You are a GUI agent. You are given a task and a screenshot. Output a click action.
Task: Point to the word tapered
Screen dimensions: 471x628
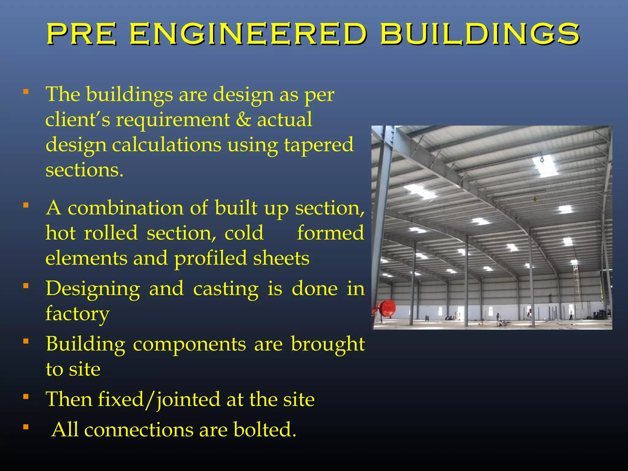click(x=319, y=145)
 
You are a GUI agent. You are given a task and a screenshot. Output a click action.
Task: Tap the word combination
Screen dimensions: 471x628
click(x=125, y=208)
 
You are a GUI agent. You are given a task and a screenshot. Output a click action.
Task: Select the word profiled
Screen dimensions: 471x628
click(x=211, y=258)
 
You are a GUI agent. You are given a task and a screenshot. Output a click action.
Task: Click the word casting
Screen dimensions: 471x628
click(x=226, y=289)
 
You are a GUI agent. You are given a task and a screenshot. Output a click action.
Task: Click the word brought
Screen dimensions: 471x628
click(x=327, y=344)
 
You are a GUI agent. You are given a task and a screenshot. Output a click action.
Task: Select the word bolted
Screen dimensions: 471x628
click(x=265, y=430)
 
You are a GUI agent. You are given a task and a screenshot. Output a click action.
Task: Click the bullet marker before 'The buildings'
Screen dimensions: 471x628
click(x=26, y=92)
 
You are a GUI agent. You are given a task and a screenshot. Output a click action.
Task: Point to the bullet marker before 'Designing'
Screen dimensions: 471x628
click(x=26, y=286)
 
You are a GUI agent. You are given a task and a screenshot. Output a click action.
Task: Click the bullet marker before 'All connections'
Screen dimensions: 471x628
click(x=26, y=427)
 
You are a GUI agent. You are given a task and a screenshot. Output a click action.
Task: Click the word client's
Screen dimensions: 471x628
click(x=78, y=120)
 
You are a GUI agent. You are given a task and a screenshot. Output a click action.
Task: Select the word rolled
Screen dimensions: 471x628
click(x=111, y=233)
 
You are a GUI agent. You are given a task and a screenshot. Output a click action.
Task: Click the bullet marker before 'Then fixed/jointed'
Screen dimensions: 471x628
click(x=26, y=397)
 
